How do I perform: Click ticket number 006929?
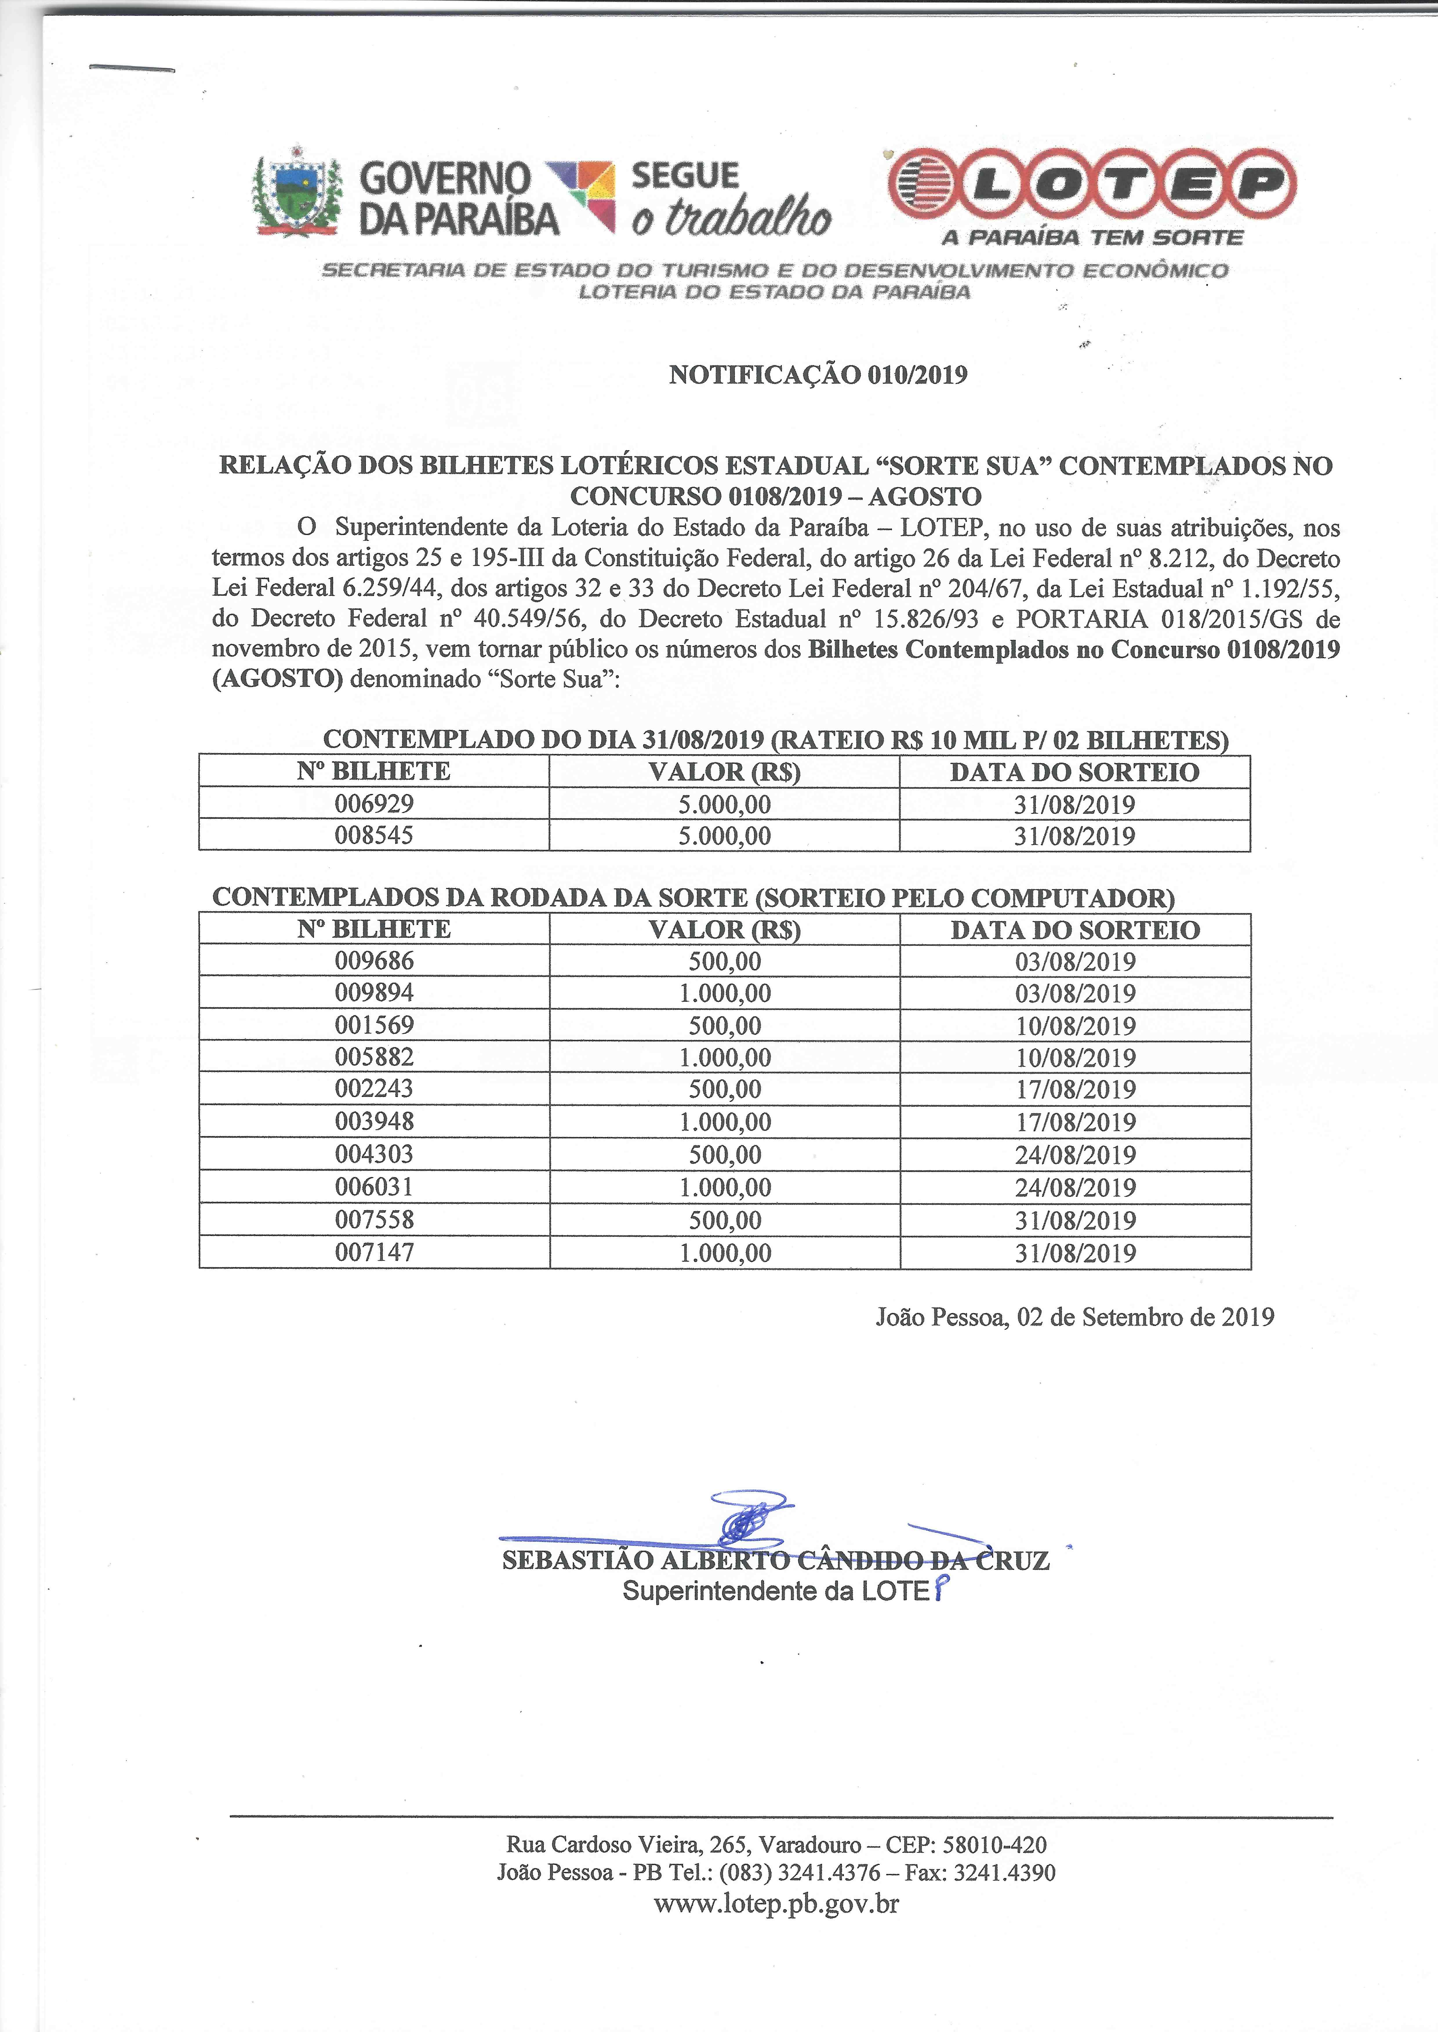tap(374, 804)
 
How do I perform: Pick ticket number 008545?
tap(374, 835)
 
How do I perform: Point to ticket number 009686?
tap(374, 961)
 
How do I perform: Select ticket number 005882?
tap(374, 1056)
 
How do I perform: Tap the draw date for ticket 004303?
tap(1075, 1155)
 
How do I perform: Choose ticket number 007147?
tap(374, 1252)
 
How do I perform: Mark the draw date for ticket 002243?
tap(1075, 1090)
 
